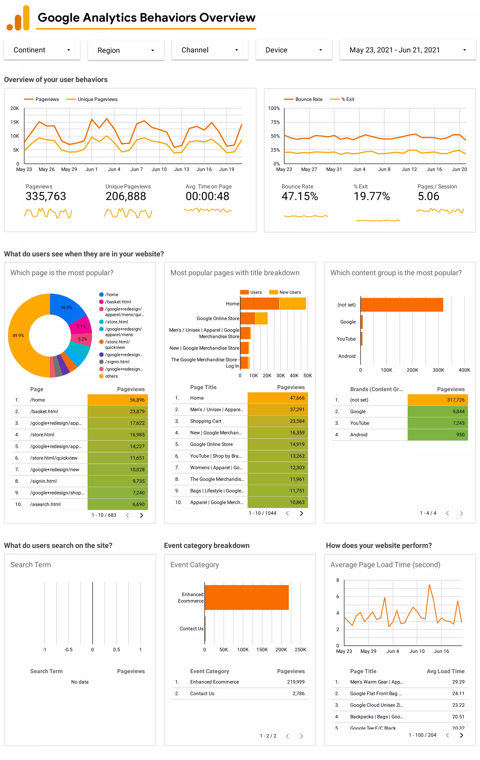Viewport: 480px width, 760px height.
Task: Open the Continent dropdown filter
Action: [42, 50]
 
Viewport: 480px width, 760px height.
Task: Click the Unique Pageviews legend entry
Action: [97, 99]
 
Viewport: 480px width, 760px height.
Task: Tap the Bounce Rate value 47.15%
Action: [300, 196]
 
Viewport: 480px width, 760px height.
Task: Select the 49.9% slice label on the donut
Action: [18, 336]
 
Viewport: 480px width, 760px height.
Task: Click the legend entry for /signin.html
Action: [117, 362]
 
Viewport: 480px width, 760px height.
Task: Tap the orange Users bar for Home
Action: [259, 304]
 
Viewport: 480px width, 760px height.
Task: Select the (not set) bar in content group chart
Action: [401, 305]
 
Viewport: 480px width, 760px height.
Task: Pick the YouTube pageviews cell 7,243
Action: [458, 423]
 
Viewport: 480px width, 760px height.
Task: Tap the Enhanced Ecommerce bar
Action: [247, 597]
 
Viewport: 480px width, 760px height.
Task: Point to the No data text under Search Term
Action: [80, 682]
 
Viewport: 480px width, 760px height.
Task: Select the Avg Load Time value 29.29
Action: [458, 682]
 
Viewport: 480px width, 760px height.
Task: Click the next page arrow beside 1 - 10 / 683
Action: [141, 515]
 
